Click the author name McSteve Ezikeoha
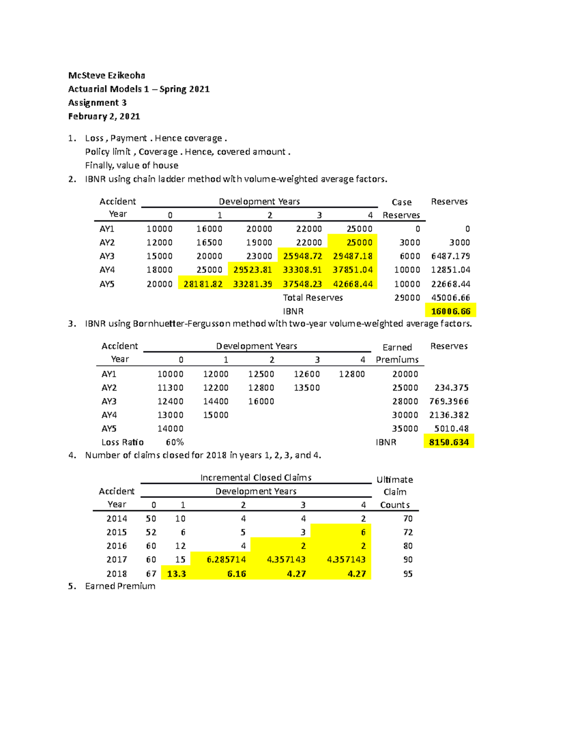(x=106, y=75)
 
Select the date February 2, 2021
(x=104, y=116)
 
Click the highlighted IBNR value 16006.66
(x=450, y=311)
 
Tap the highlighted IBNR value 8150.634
(x=449, y=442)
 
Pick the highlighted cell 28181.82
(x=203, y=284)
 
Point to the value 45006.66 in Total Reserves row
(x=450, y=298)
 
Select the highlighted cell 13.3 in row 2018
(x=176, y=574)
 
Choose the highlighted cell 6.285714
(x=226, y=560)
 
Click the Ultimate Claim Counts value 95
(x=408, y=574)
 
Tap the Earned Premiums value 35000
(x=405, y=428)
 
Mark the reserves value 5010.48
(x=451, y=428)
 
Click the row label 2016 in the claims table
(x=117, y=546)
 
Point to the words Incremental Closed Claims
(x=256, y=478)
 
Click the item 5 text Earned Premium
(x=120, y=586)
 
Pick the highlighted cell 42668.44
(x=353, y=284)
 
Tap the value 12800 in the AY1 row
(x=352, y=374)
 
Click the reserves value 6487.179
(x=450, y=256)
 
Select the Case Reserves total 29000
(x=407, y=298)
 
